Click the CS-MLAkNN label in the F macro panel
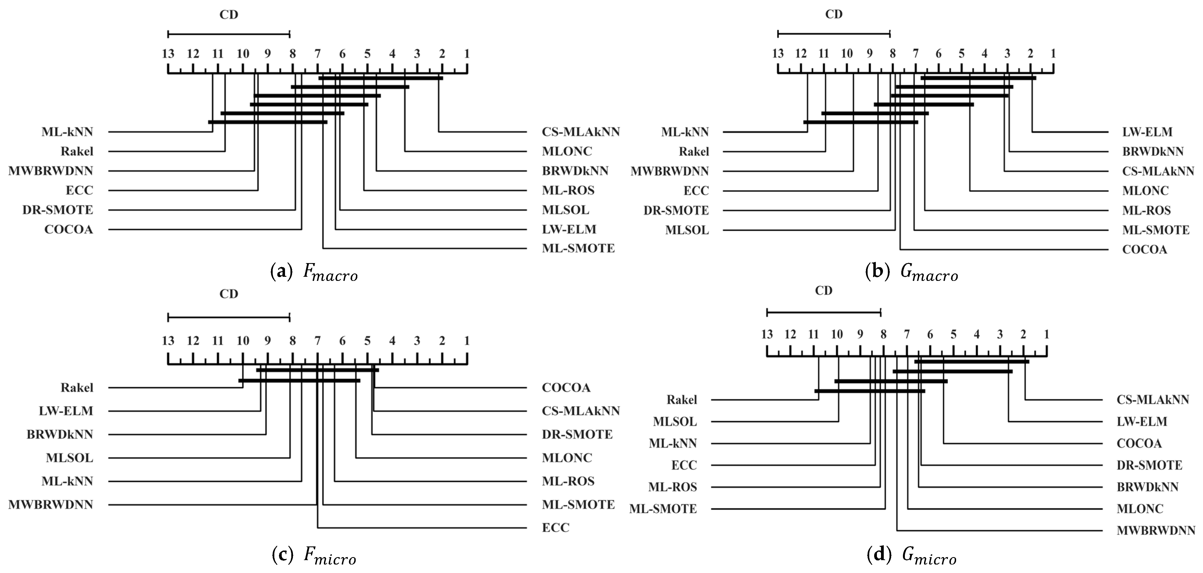coord(580,132)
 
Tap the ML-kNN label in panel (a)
coord(67,132)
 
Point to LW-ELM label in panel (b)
coord(1147,132)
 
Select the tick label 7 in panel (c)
coord(318,341)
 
